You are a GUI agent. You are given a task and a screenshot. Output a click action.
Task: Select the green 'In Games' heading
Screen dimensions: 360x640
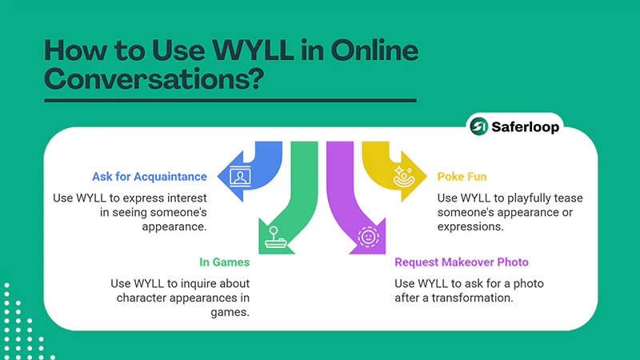click(226, 262)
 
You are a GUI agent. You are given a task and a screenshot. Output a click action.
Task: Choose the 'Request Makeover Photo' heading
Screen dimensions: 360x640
click(462, 262)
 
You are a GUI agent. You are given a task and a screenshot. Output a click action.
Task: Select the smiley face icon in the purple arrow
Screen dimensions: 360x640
click(368, 237)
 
